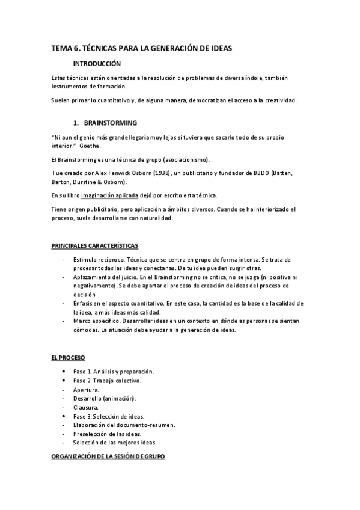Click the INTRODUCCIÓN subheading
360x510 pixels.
[97, 64]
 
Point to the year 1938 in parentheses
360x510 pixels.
[160, 173]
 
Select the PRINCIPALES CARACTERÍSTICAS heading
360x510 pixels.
[94, 246]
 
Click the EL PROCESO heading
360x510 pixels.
[68, 358]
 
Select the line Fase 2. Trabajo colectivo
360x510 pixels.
[107, 381]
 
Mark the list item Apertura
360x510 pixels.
[86, 390]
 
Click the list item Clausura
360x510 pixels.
[86, 407]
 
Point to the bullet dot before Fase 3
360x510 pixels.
[64, 416]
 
